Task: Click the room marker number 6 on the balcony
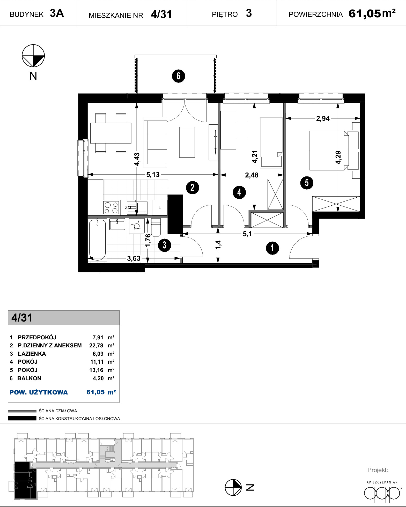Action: click(x=179, y=76)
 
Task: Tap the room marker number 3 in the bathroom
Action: click(x=165, y=245)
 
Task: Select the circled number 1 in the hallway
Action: click(x=272, y=248)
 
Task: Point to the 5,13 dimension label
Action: click(x=153, y=175)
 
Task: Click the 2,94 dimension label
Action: click(x=323, y=118)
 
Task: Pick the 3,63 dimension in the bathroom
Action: click(x=134, y=258)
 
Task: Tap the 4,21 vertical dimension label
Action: click(x=255, y=157)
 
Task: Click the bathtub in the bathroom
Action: click(x=98, y=240)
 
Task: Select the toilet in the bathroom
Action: click(x=156, y=228)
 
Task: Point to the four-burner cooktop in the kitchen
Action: click(x=111, y=207)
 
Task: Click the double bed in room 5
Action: click(x=329, y=150)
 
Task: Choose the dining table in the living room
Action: click(x=111, y=133)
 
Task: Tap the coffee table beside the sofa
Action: click(x=187, y=142)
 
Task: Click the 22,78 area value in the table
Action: click(x=96, y=345)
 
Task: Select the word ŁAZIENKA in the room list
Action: click(x=32, y=354)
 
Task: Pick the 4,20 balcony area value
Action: click(x=98, y=378)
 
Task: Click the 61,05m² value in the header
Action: click(x=372, y=13)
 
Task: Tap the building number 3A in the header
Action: click(x=57, y=13)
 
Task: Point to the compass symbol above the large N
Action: click(x=33, y=56)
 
